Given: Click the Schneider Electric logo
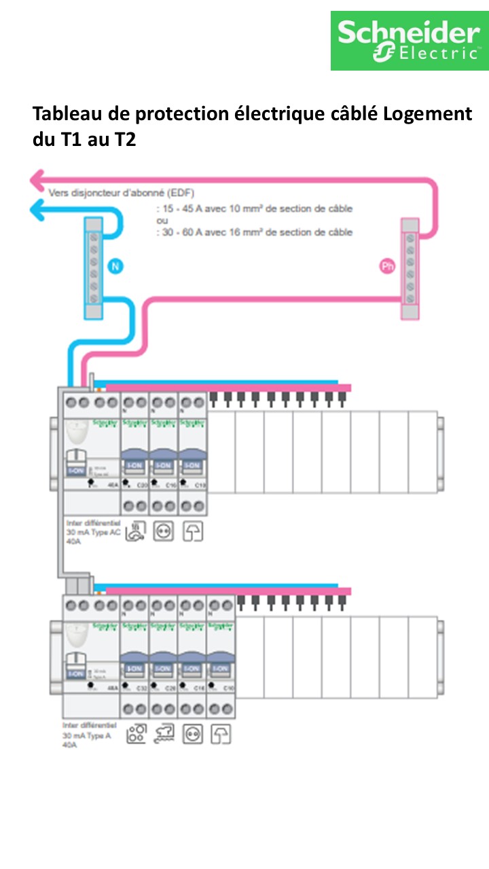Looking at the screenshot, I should [x=410, y=41].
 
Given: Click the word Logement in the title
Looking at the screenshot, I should [x=427, y=113].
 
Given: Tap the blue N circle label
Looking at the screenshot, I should [x=115, y=266].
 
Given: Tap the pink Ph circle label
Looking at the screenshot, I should [x=386, y=267].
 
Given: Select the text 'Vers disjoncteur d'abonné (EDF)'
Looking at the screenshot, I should [x=121, y=193].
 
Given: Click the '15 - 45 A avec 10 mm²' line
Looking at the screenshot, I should [x=255, y=208].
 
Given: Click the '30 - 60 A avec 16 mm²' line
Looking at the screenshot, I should [x=255, y=232].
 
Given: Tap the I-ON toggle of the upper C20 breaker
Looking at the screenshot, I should [x=134, y=466].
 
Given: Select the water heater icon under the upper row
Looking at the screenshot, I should [x=135, y=530].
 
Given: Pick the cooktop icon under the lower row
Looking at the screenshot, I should [x=136, y=734].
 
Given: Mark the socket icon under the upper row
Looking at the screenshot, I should [x=164, y=531].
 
